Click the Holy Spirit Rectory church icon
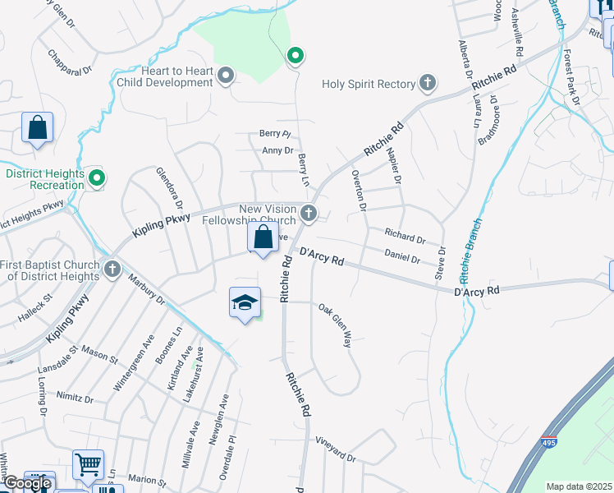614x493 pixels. tap(427, 82)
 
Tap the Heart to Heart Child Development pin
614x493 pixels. tap(227, 77)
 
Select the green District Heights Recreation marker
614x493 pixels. tap(97, 177)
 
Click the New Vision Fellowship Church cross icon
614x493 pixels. tap(309, 214)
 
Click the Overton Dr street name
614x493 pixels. tap(357, 190)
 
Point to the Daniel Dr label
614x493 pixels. tap(402, 258)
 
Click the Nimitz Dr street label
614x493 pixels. tap(76, 398)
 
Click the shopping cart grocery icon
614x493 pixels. tap(88, 465)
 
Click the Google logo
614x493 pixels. tap(26, 484)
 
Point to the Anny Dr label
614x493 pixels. tap(277, 150)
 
